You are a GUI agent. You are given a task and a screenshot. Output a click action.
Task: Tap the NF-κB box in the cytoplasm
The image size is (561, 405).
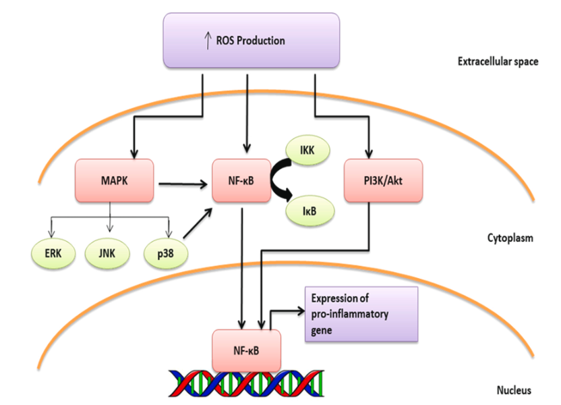point(241,181)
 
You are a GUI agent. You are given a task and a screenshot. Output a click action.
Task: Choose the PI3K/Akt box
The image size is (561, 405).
point(383,181)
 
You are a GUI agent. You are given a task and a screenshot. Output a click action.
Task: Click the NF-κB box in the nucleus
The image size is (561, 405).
point(241,350)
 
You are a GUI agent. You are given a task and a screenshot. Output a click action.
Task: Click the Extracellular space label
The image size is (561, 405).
point(498,62)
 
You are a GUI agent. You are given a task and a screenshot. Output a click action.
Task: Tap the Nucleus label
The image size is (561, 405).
point(514,390)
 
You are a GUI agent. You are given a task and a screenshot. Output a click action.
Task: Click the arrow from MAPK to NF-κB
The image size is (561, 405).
point(182,182)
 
